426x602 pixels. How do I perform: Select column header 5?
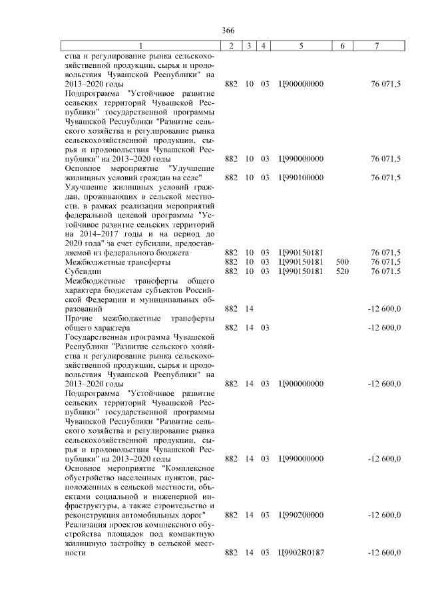[301, 46]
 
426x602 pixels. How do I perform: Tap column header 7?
[377, 46]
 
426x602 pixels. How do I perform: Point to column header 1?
[140, 46]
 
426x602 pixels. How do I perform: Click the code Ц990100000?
[301, 178]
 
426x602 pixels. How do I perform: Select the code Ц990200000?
[301, 516]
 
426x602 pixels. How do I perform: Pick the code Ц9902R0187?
[301, 553]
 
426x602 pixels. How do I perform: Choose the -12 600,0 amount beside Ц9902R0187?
[384, 553]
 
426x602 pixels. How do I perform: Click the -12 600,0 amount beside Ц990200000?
[384, 516]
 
